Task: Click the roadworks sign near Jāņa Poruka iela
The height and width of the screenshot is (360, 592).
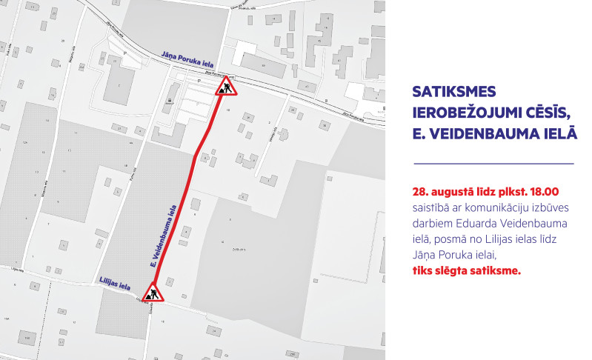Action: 225,89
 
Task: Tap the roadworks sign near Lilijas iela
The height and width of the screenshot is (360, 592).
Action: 153,293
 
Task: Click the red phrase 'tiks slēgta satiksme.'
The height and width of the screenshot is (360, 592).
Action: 467,270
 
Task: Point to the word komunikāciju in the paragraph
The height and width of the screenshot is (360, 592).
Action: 497,206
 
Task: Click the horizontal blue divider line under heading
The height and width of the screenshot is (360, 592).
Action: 493,163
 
